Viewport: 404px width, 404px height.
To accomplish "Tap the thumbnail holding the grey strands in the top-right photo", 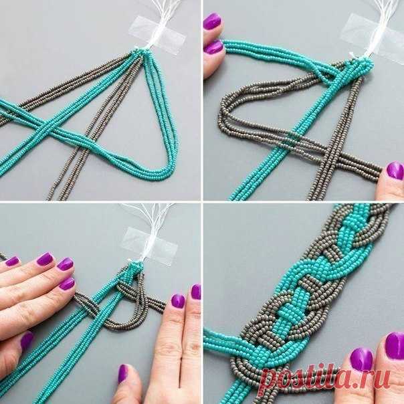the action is tap(395, 171).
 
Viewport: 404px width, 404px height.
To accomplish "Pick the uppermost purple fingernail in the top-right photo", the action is tap(212, 21).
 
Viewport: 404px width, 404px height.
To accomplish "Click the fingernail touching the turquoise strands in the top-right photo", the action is tap(213, 47).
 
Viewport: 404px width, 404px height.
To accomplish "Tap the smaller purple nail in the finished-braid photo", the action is tap(361, 359).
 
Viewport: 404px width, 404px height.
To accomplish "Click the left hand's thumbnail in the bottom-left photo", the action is tap(27, 340).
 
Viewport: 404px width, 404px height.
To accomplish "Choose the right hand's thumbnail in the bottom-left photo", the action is tap(123, 373).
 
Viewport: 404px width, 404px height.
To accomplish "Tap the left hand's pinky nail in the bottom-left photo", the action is tap(12, 261).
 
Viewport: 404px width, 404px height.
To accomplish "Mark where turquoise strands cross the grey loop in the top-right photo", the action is tap(292, 136).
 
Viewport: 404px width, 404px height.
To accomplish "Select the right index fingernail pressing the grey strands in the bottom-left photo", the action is tap(179, 301).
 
